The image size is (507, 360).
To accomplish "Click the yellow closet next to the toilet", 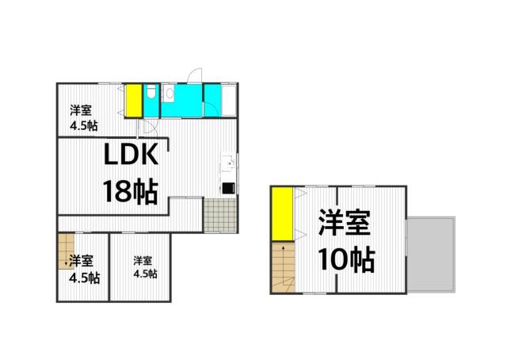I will click(133, 101).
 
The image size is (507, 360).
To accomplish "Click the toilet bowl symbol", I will click(151, 94).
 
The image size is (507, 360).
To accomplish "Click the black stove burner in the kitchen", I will click(227, 189).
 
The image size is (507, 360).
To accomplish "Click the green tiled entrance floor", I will click(219, 214).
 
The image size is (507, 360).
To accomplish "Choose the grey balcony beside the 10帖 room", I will click(431, 254).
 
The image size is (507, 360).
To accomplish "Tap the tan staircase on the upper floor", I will click(280, 270).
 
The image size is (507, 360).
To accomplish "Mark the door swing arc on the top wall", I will click(193, 75).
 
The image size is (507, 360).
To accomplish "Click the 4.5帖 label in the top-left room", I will click(83, 125).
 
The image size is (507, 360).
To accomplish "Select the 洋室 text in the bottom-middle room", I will click(143, 260).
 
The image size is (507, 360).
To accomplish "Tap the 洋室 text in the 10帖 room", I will click(347, 223).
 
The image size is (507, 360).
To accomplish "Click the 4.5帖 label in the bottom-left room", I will click(83, 278).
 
